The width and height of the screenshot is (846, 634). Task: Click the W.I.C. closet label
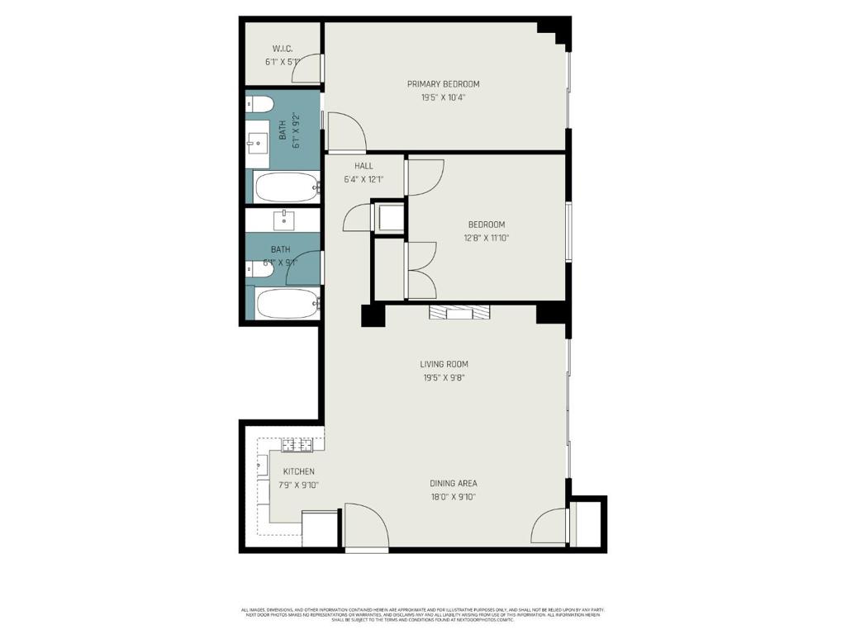click(283, 49)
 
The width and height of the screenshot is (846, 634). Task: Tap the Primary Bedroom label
click(443, 84)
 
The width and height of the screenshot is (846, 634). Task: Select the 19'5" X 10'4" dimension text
click(443, 97)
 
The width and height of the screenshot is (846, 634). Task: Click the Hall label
click(364, 166)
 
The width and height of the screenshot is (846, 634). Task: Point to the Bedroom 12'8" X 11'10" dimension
click(486, 239)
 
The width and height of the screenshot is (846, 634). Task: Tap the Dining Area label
click(453, 484)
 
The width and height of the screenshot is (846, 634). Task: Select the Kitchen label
click(298, 472)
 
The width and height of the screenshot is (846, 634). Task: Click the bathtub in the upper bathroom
click(286, 187)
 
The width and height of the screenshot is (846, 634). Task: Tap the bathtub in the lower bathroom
click(286, 303)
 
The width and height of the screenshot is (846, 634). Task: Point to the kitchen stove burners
click(297, 446)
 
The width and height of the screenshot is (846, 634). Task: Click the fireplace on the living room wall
click(459, 312)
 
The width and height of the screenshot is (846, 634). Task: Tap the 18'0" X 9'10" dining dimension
click(453, 497)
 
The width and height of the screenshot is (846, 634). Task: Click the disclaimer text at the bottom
click(423, 615)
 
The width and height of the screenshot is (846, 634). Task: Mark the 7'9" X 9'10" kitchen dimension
click(298, 485)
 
